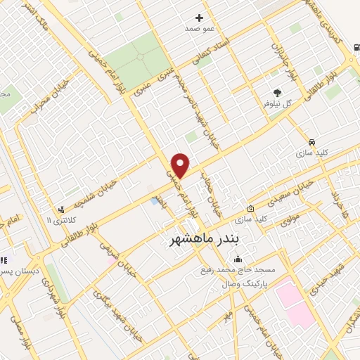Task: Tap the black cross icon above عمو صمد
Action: pos(199,18)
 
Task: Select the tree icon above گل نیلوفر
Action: pos(278,92)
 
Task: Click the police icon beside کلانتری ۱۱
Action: pos(63,210)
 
